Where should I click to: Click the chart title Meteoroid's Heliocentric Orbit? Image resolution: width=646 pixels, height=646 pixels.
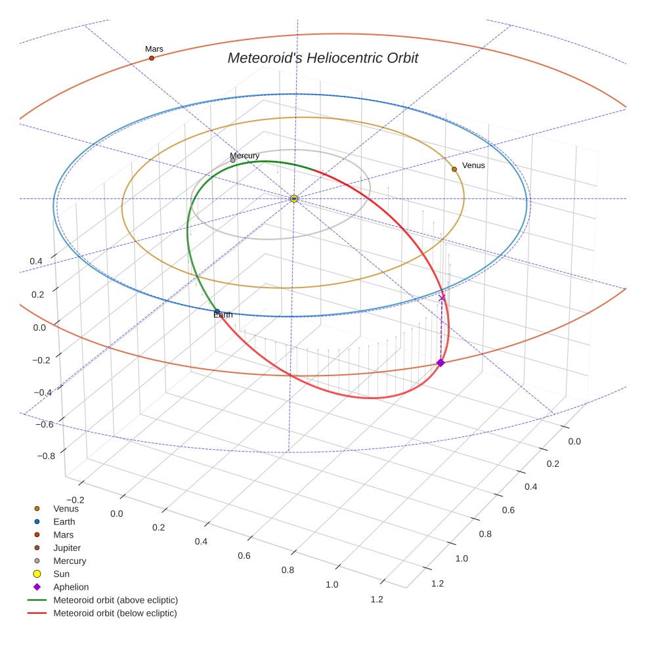pyautogui.click(x=322, y=58)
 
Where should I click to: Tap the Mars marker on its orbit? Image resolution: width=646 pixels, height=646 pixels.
pyautogui.click(x=152, y=58)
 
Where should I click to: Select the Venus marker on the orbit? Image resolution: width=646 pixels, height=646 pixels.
pyautogui.click(x=454, y=169)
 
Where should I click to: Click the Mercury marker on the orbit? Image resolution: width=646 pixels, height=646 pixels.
pyautogui.click(x=233, y=160)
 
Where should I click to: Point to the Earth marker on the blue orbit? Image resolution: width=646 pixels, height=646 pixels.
pyautogui.click(x=217, y=311)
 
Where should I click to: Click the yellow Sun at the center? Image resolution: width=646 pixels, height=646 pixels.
pyautogui.click(x=294, y=198)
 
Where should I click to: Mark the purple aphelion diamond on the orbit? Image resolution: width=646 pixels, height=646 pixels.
pyautogui.click(x=441, y=362)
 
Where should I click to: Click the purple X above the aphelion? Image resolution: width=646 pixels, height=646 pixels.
pyautogui.click(x=442, y=298)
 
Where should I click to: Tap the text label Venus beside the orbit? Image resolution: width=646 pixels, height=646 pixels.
pyautogui.click(x=473, y=165)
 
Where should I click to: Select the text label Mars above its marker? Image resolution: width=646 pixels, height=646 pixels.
pyautogui.click(x=154, y=49)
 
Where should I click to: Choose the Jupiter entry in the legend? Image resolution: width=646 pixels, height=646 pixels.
pyautogui.click(x=67, y=548)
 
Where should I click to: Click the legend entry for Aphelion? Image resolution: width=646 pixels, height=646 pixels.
pyautogui.click(x=70, y=587)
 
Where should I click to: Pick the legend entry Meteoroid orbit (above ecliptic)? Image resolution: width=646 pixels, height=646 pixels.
pyautogui.click(x=115, y=600)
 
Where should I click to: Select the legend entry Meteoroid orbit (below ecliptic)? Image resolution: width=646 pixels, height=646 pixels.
pyautogui.click(x=115, y=613)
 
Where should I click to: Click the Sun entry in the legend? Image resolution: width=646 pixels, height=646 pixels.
pyautogui.click(x=61, y=574)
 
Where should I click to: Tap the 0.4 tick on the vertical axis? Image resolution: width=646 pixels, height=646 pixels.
pyautogui.click(x=36, y=261)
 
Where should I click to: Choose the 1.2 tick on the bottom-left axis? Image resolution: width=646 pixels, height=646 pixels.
pyautogui.click(x=377, y=599)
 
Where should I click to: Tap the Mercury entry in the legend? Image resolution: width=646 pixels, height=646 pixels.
pyautogui.click(x=70, y=561)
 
